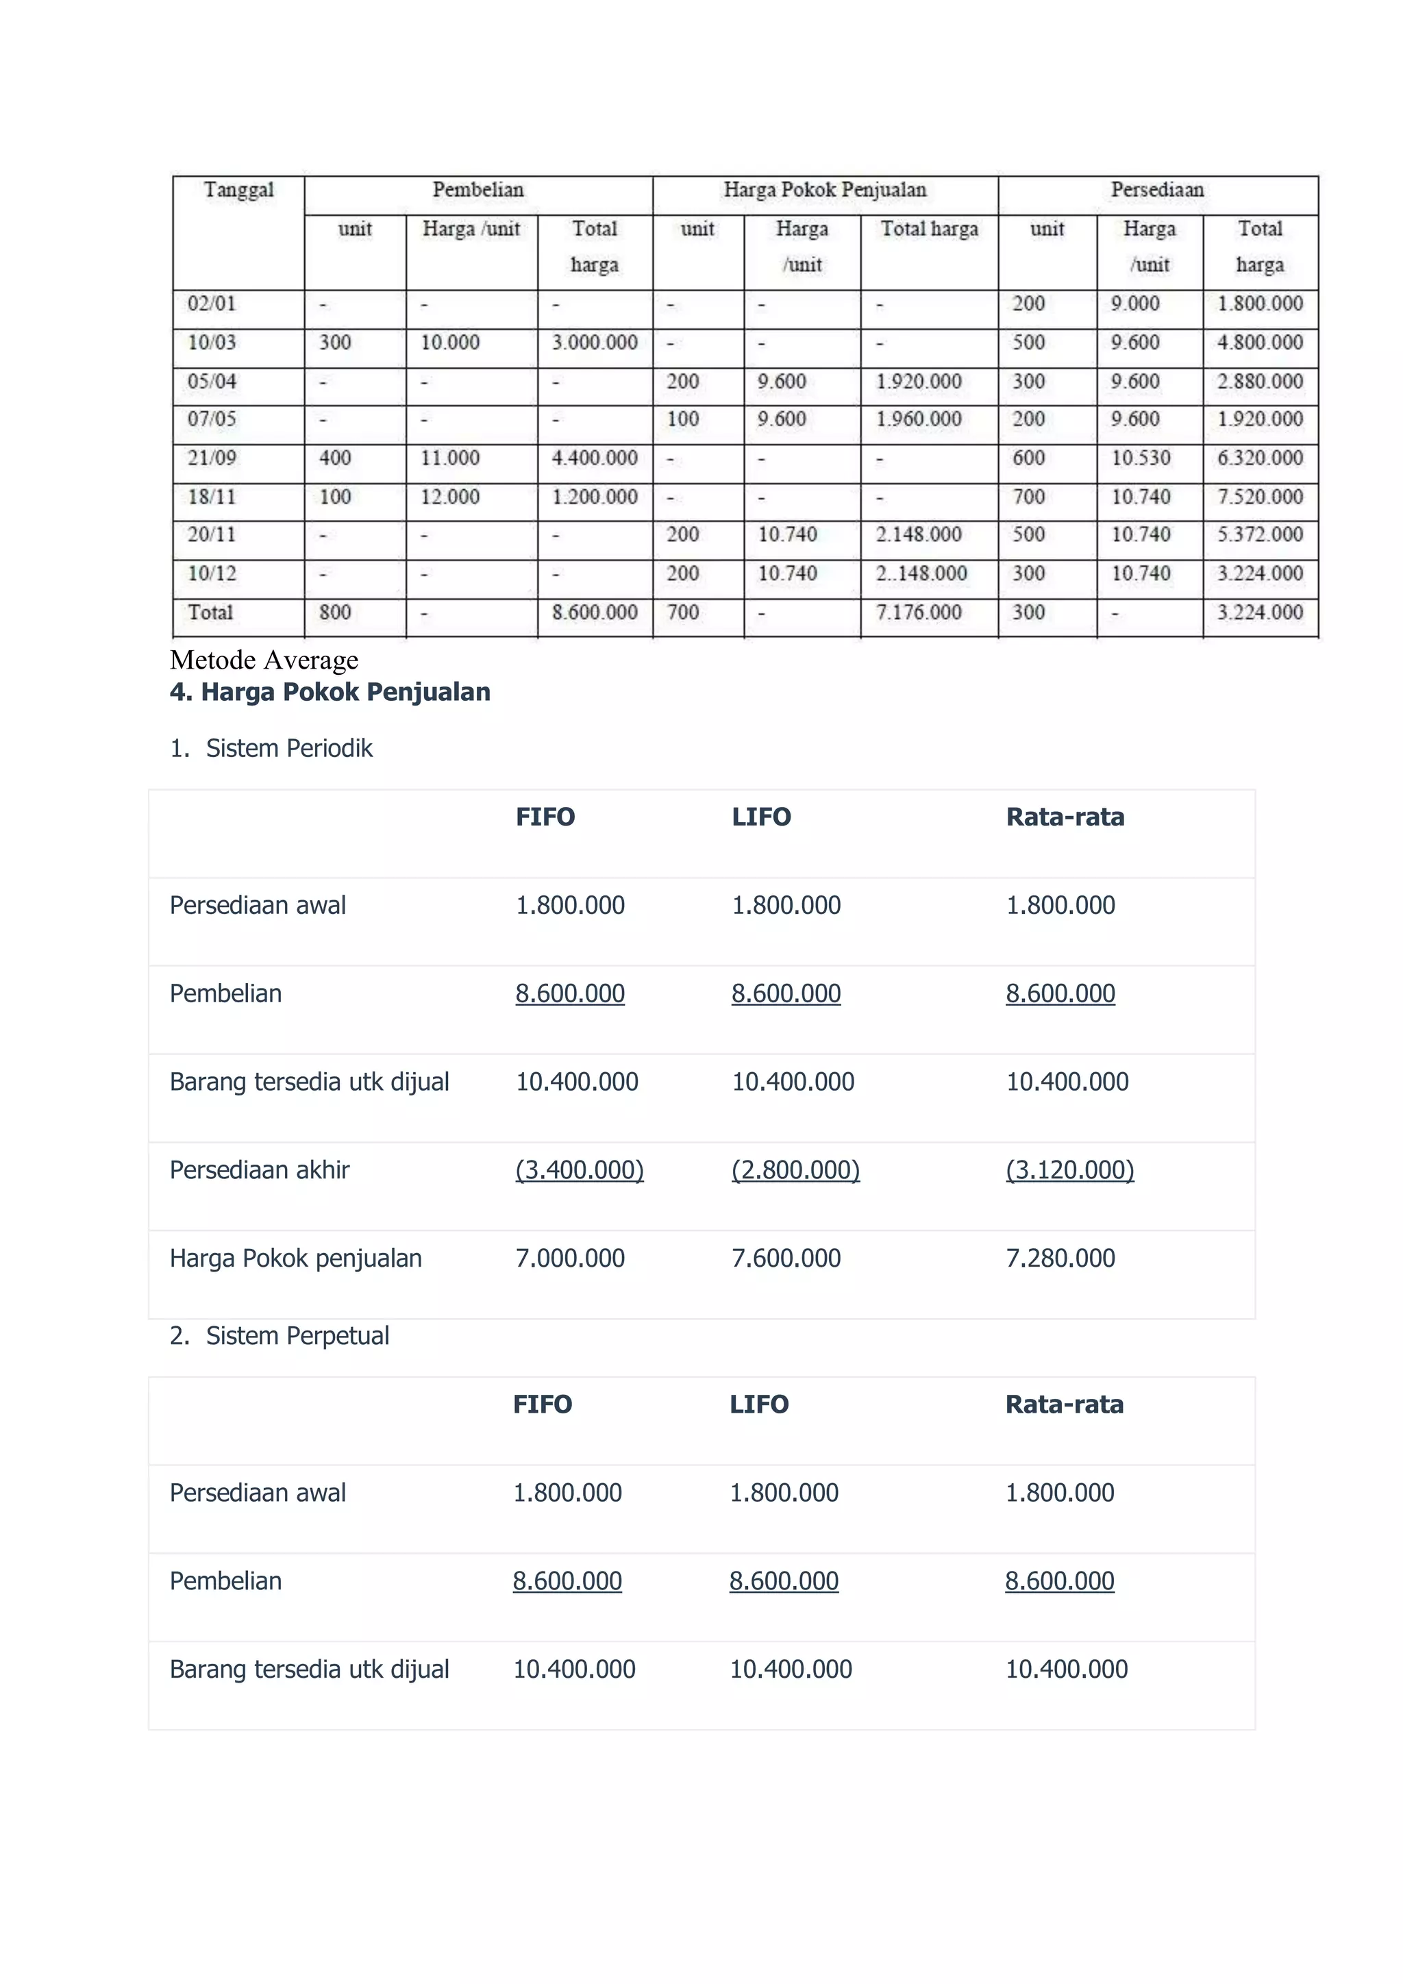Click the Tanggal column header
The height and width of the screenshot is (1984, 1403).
[x=238, y=190]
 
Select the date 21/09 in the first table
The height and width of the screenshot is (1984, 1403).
[x=212, y=458]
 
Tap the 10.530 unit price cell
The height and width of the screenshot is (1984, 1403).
[x=1141, y=458]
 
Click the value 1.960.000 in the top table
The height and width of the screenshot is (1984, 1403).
[x=919, y=419]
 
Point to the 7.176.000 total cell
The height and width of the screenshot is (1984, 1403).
[x=919, y=612]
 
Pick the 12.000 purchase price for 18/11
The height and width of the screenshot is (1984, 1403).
[x=449, y=497]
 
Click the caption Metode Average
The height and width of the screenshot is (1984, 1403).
[x=264, y=660]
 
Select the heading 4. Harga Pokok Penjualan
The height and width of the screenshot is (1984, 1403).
[x=330, y=692]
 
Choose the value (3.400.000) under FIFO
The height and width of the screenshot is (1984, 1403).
[x=580, y=1170]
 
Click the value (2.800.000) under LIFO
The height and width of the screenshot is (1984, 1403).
[x=795, y=1170]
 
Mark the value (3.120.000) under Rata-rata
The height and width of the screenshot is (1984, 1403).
[x=1069, y=1170]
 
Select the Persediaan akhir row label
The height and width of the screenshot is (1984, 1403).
[x=259, y=1170]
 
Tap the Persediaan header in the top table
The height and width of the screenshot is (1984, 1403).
[x=1157, y=190]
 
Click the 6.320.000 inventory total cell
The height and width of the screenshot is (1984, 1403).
[x=1260, y=458]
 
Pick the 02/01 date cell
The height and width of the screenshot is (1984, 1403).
[x=212, y=303]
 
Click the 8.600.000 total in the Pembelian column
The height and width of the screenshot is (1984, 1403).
[x=595, y=612]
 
